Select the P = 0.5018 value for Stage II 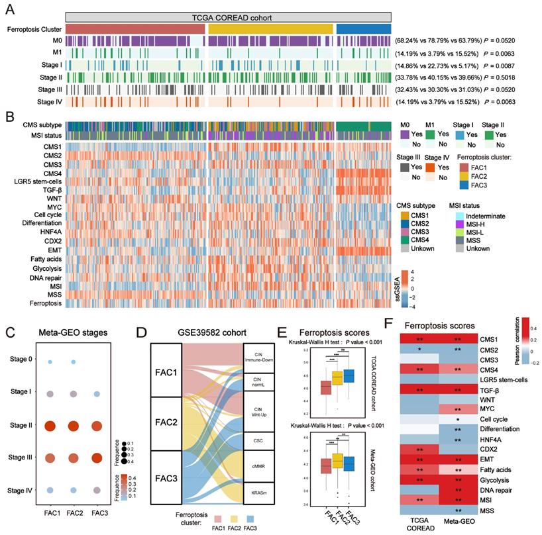pyautogui.click(x=504, y=77)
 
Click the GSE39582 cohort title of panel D pyautogui.click(x=195, y=330)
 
